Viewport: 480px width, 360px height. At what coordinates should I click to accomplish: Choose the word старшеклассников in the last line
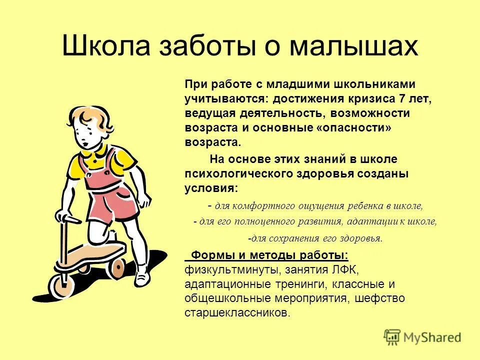236,313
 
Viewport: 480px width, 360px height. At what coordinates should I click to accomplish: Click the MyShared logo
422,337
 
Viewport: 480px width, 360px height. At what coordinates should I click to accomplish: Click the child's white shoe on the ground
142,273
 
